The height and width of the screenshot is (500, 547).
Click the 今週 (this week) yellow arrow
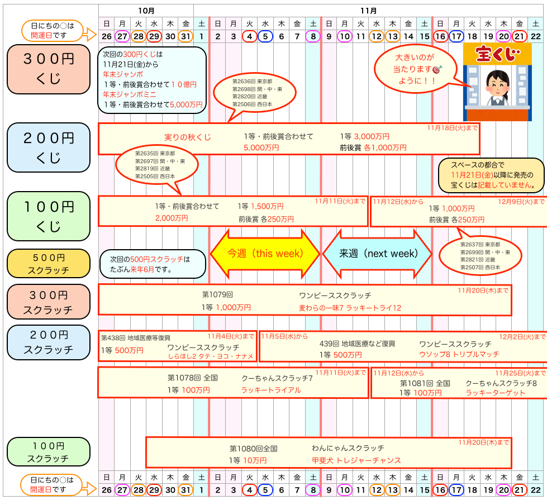[265, 253]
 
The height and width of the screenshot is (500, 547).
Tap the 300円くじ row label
[49, 69]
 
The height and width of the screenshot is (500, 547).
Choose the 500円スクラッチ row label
[49, 264]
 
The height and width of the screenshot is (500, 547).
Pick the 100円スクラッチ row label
[49, 452]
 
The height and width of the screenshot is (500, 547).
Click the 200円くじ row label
[49, 147]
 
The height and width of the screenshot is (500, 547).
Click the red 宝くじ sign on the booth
[495, 54]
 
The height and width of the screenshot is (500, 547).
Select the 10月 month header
[146, 11]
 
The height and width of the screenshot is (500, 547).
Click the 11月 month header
[369, 11]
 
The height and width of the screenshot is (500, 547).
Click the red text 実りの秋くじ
[188, 137]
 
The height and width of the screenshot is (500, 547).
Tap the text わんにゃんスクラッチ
[348, 448]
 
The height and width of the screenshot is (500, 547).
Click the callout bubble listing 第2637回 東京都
[480, 256]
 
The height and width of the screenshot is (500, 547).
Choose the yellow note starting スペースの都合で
[490, 175]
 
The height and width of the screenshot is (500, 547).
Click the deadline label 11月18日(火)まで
[453, 128]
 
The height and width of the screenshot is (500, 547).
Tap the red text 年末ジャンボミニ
[122, 94]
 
